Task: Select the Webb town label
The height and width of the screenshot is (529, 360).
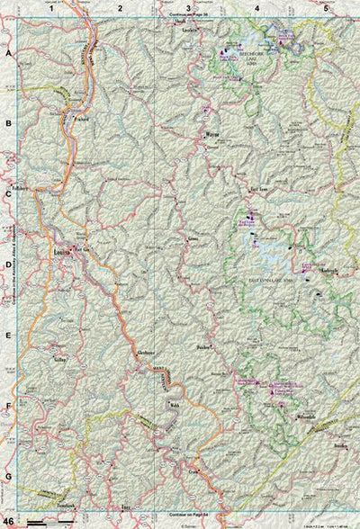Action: [x=175, y=406]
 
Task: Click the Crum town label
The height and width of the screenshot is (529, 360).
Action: [x=193, y=470]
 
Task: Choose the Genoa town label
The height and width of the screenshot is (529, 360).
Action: [x=193, y=240]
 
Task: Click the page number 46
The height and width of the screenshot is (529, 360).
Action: [x=9, y=521]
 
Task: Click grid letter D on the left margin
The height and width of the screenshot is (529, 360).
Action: [x=9, y=265]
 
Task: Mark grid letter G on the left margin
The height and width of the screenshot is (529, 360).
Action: [x=9, y=476]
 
